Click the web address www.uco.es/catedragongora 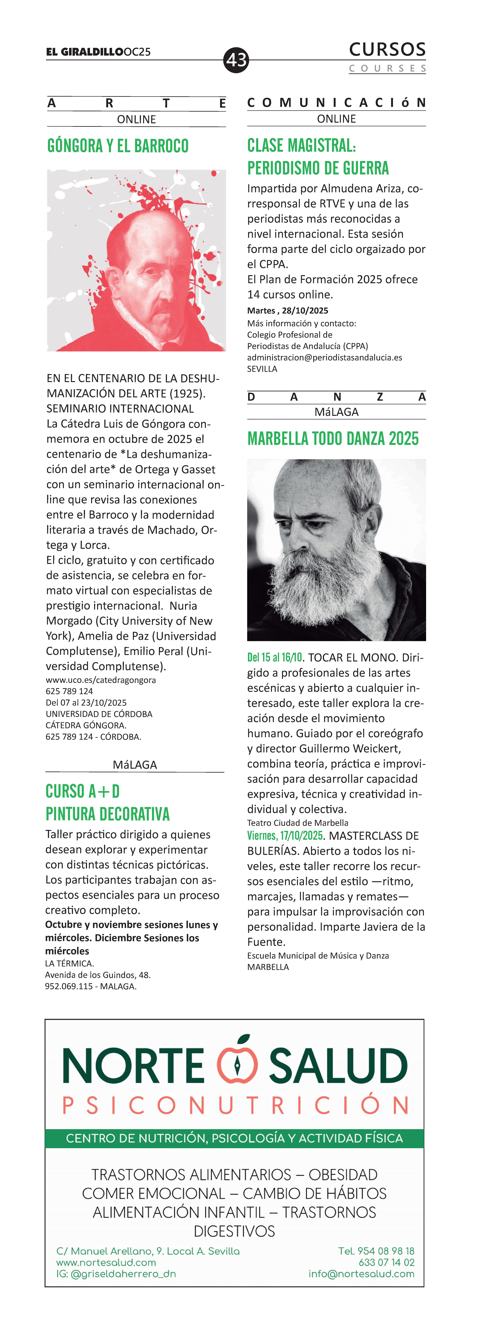pos(101,680)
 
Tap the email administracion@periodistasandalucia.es pos(324,357)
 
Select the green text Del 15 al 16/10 pos(274,658)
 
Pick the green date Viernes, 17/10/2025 pos(285,836)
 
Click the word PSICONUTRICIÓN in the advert pos(235,1105)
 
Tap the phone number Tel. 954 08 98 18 pos(376,1251)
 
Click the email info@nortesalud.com pos(361,1274)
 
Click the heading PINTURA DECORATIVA pos(108,814)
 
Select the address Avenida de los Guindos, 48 pos(98,975)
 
